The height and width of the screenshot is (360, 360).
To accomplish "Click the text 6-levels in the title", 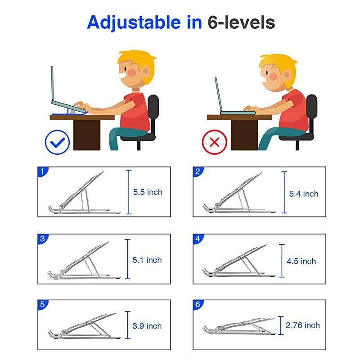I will point(241,22).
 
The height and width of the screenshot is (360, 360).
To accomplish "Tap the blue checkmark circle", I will point(57,142).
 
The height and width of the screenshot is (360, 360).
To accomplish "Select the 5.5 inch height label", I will point(148,192).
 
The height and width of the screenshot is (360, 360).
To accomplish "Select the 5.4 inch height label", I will point(303,194).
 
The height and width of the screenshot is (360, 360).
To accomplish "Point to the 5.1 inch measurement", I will point(148,260).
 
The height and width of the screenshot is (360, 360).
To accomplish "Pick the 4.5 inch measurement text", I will point(301,261).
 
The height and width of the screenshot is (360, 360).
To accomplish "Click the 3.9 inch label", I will point(148,326).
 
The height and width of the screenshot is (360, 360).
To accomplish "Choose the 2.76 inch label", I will point(303,325).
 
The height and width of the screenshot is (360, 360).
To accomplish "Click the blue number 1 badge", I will point(42,171).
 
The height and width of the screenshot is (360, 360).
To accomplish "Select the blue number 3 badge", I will point(42,238).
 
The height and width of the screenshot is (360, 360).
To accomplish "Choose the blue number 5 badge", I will point(42,304).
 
